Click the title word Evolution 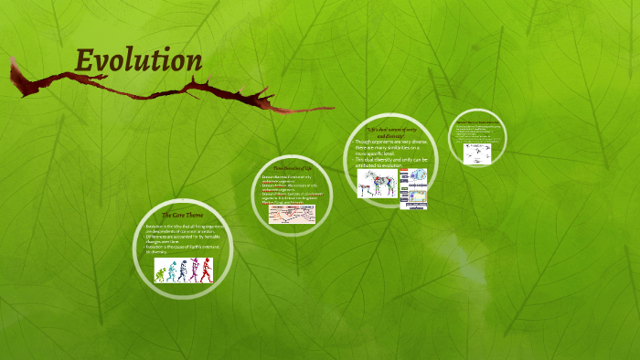point(138,61)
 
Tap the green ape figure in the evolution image point(160,270)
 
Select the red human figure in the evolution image point(207,269)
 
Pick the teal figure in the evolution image point(171,270)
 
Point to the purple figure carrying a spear point(194,269)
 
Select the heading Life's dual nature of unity point(390,132)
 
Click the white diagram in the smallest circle point(476,150)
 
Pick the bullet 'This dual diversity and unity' point(390,162)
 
